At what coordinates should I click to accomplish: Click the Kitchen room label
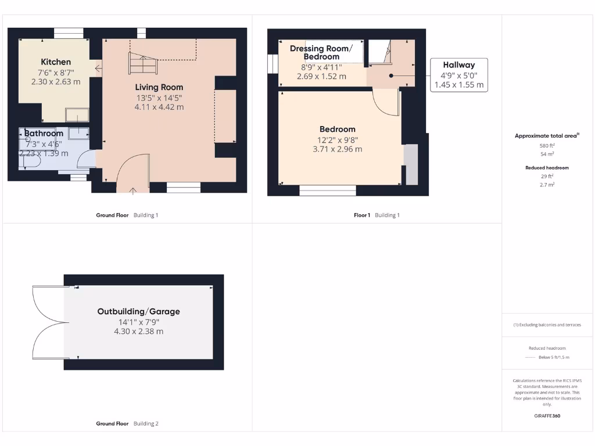(56, 62)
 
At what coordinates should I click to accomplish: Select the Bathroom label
(44, 134)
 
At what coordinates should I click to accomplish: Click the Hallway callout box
(458, 74)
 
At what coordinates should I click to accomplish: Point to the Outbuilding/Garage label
(138, 311)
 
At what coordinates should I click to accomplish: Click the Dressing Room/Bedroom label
(321, 52)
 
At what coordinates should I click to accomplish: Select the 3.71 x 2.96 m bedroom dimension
(337, 149)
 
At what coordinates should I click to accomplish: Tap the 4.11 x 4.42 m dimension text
(159, 107)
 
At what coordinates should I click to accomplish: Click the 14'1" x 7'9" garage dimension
(138, 322)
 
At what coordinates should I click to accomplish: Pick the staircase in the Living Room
(142, 63)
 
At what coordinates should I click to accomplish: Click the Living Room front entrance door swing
(133, 172)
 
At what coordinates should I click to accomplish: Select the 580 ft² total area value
(547, 146)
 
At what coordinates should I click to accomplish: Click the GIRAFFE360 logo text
(547, 416)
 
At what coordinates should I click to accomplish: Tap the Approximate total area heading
(546, 136)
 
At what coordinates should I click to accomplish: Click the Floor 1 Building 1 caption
(377, 215)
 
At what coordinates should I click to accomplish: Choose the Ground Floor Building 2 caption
(127, 424)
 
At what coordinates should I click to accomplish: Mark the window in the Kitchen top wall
(69, 33)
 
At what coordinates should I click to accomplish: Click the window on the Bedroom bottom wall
(328, 190)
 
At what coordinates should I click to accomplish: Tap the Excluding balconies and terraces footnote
(547, 325)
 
